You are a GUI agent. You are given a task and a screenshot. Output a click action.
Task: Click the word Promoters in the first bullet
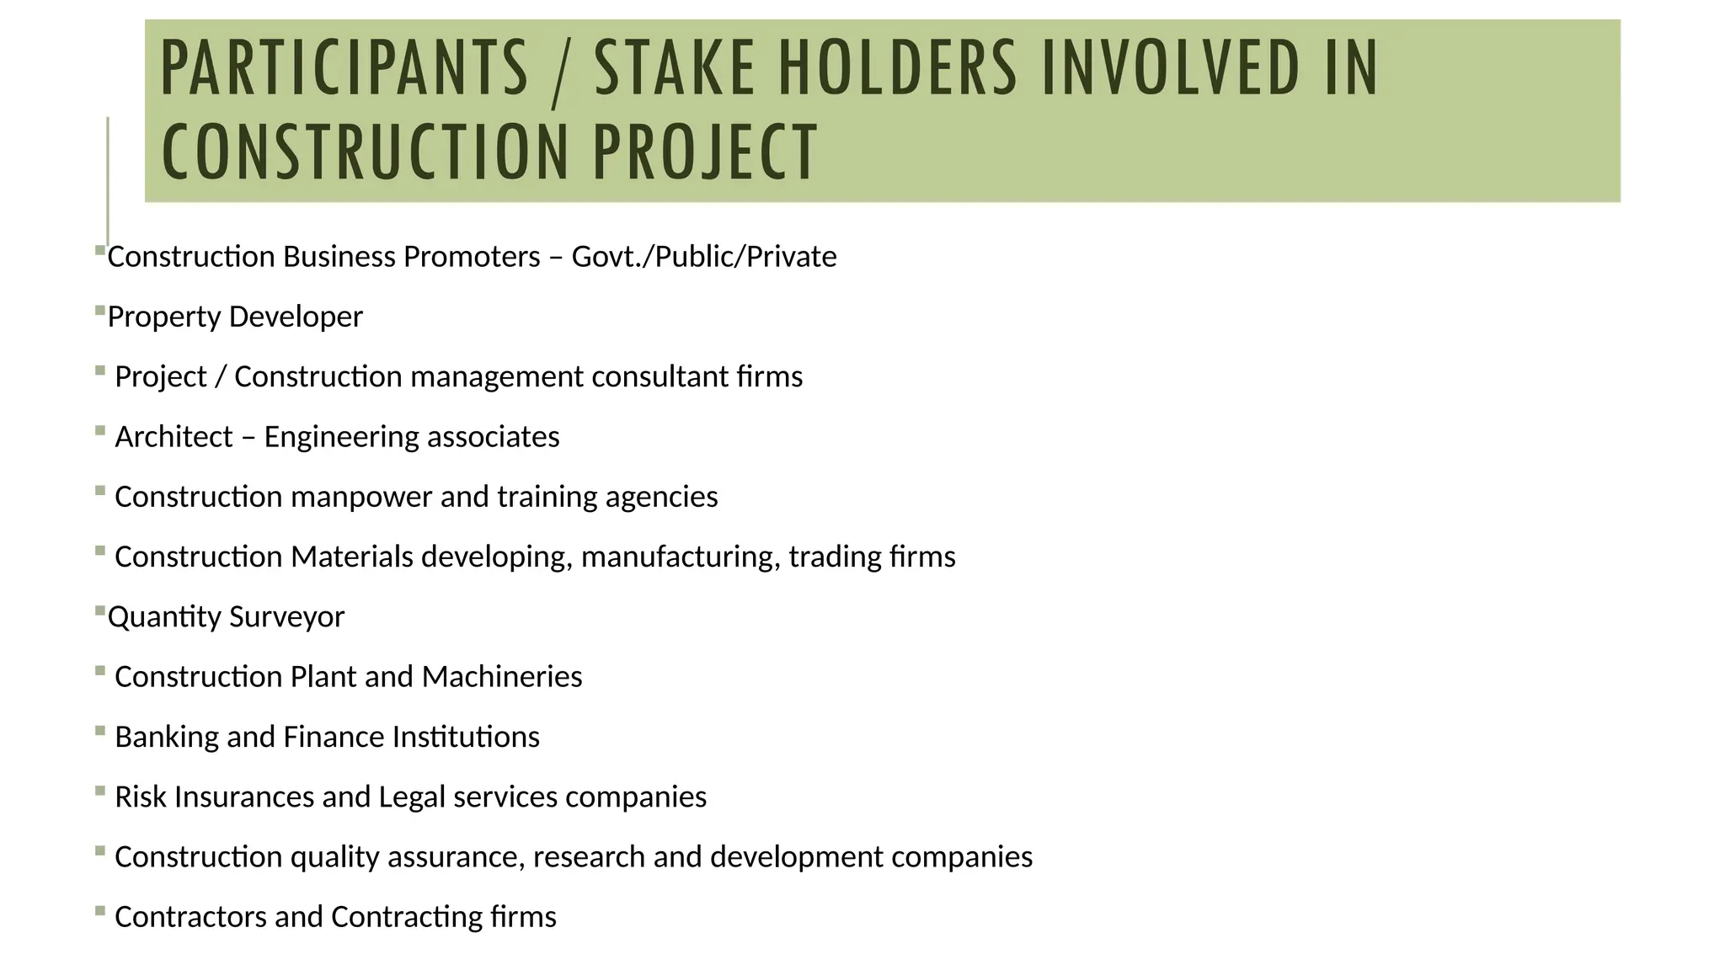[472, 257]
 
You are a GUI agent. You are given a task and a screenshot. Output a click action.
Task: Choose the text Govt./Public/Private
[704, 257]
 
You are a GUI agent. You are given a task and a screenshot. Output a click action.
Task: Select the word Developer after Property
[296, 317]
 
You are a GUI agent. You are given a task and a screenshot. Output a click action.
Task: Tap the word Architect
[174, 437]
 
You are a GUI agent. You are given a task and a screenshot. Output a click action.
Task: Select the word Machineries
[502, 677]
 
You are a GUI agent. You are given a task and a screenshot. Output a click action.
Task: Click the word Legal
[412, 797]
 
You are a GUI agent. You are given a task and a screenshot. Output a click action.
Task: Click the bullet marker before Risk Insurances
[100, 791]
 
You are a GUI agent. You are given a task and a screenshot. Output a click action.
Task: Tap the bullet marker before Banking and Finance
[100, 731]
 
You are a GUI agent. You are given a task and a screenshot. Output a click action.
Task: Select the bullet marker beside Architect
[100, 431]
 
